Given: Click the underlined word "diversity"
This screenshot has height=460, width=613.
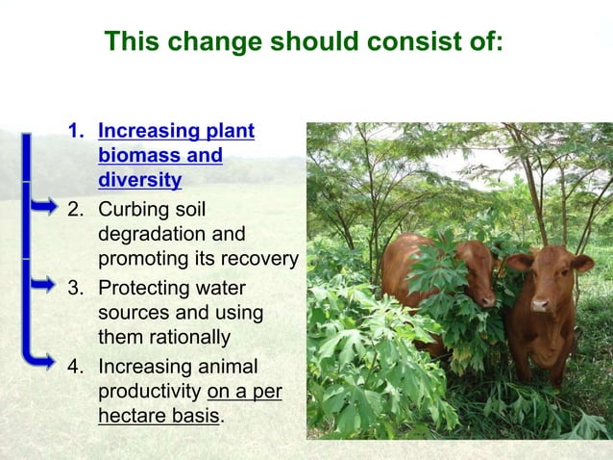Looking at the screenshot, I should tap(139, 179).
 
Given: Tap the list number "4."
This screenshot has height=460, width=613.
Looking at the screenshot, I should tap(75, 367).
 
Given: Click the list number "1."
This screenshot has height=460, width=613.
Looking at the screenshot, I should tap(75, 130).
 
